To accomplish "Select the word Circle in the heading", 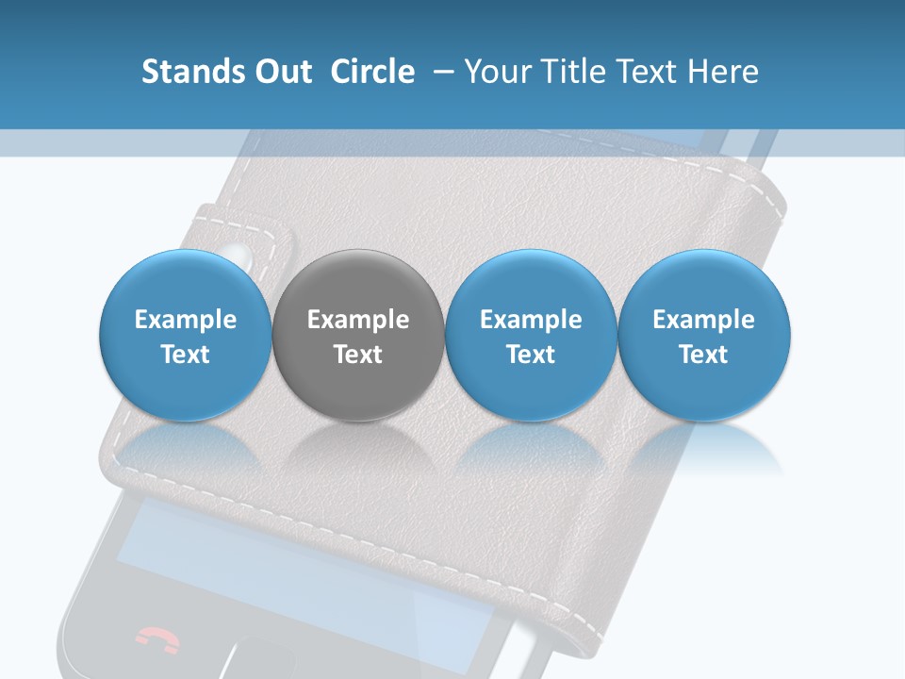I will [x=372, y=72].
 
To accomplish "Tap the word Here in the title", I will [x=723, y=72].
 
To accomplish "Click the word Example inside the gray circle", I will [x=358, y=320].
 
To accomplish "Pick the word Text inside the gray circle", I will [x=358, y=355].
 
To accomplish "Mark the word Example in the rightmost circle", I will [x=704, y=320].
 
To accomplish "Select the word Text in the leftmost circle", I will [x=185, y=355].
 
